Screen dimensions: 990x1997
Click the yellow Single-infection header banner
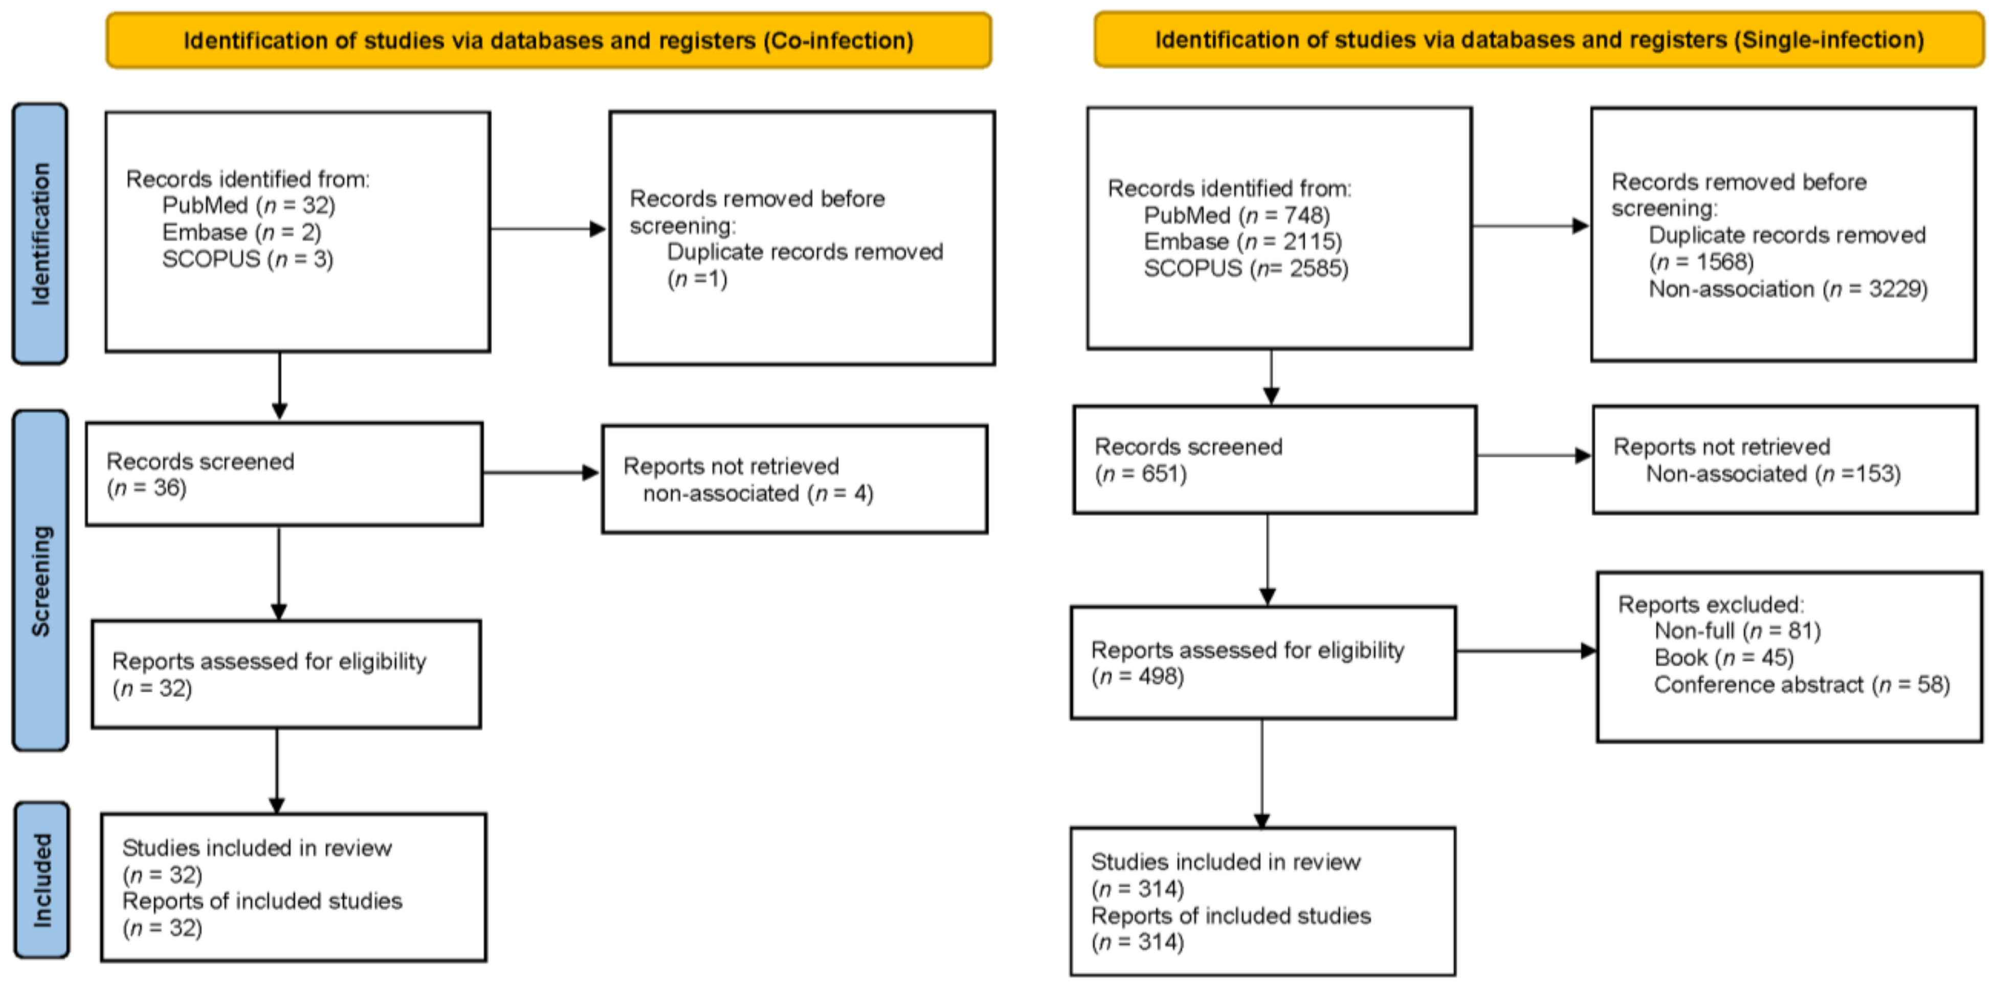(1538, 39)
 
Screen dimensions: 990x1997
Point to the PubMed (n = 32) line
(248, 206)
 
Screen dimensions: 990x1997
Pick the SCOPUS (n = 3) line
(247, 259)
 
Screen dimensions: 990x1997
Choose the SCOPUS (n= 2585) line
(1246, 268)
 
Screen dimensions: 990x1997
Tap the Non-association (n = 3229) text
(1788, 289)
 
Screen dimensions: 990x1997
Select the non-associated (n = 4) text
(758, 494)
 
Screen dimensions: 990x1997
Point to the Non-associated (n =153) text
(1773, 474)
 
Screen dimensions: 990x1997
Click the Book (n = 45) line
(1723, 658)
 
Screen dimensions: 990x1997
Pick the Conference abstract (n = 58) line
(1801, 685)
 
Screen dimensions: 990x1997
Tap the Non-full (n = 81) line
(1737, 631)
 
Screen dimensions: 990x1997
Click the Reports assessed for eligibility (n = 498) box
(1263, 663)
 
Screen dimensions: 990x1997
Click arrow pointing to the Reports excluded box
(1526, 651)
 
